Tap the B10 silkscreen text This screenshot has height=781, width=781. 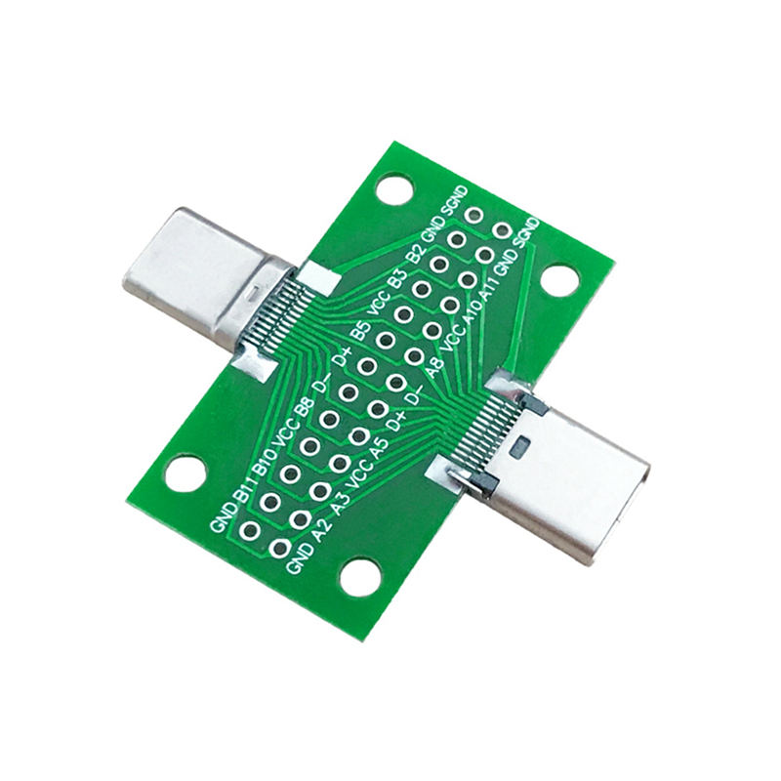[265, 461]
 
